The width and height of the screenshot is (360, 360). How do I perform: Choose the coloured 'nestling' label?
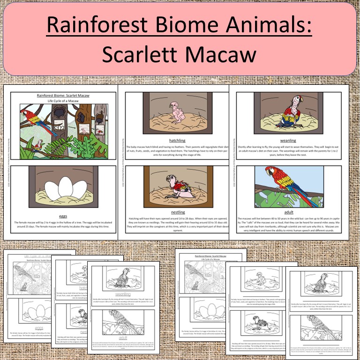pos(174,212)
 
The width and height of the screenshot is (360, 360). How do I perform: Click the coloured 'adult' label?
pos(289,212)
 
